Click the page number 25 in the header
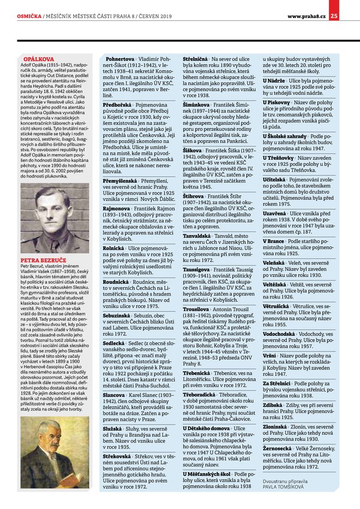point(351,7)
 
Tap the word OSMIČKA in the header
point(29,7)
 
